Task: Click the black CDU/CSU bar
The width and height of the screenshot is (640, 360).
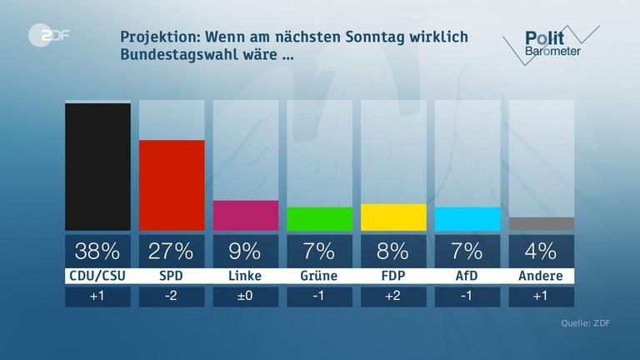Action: [97, 167]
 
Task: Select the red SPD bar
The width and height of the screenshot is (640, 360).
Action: [172, 185]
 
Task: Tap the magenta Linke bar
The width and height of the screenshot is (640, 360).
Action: [245, 215]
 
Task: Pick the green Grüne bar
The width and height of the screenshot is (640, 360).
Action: [319, 218]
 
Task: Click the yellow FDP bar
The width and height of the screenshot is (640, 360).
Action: [393, 217]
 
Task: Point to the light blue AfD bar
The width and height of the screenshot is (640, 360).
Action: [467, 218]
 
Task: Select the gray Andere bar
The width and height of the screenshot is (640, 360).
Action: [541, 223]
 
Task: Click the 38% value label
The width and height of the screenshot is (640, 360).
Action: [97, 251]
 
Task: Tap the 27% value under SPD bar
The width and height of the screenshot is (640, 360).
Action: [172, 251]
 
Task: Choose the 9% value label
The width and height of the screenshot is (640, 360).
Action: [245, 251]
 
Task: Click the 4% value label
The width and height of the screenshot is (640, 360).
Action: [541, 251]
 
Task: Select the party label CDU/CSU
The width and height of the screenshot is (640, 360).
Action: [97, 276]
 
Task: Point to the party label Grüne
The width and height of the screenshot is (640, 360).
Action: [319, 276]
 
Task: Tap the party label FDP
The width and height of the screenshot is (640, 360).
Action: [393, 276]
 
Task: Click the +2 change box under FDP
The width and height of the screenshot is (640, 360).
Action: [393, 297]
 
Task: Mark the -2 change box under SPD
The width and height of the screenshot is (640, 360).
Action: [172, 297]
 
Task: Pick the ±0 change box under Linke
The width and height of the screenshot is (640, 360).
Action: [245, 297]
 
